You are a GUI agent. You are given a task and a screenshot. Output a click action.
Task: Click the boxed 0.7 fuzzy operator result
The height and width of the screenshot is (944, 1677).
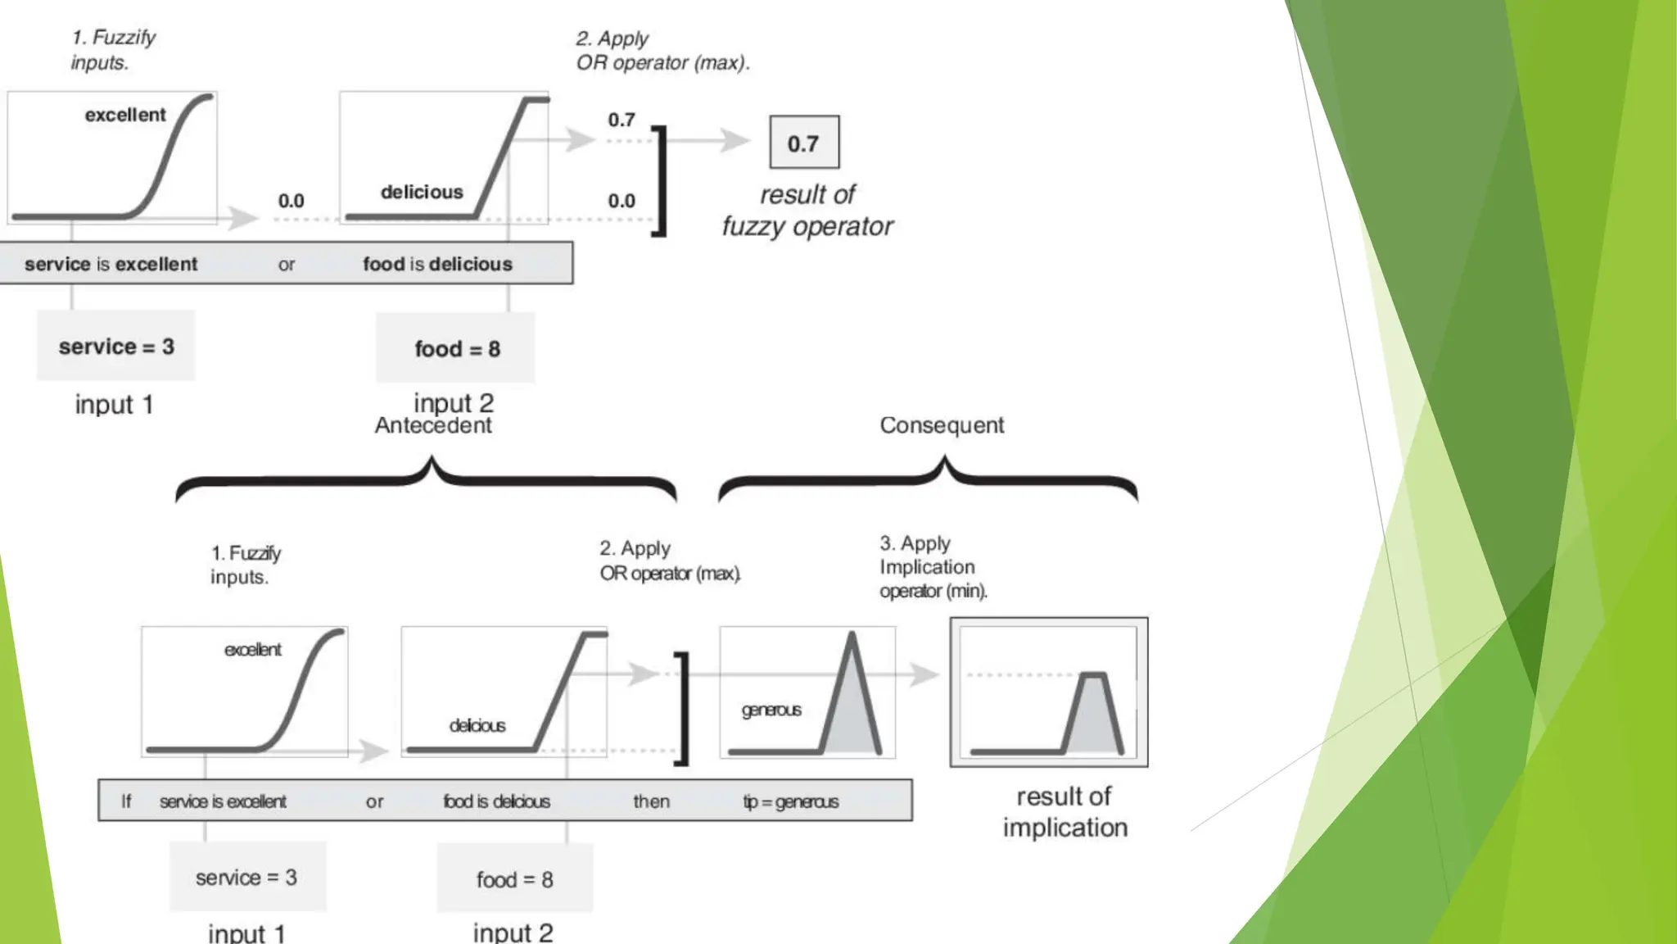pyautogui.click(x=804, y=143)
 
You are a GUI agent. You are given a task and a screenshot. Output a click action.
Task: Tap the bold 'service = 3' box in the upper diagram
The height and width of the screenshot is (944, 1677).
pyautogui.click(x=116, y=346)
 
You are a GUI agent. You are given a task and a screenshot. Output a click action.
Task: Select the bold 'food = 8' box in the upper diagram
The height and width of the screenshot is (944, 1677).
pyautogui.click(x=456, y=348)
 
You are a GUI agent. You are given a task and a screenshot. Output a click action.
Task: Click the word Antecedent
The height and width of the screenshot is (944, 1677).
pyautogui.click(x=433, y=425)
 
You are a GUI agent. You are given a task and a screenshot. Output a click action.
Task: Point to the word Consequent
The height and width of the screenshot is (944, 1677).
pyautogui.click(x=942, y=425)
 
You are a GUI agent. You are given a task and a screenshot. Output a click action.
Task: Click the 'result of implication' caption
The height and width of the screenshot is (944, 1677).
pyautogui.click(x=1065, y=811)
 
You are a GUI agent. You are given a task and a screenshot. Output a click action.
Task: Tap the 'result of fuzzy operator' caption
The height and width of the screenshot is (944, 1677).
pyautogui.click(x=807, y=210)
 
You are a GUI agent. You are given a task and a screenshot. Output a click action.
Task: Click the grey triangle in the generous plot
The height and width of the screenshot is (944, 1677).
pyautogui.click(x=852, y=713)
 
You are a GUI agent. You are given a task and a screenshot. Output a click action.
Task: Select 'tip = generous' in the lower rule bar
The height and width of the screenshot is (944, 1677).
pyautogui.click(x=790, y=801)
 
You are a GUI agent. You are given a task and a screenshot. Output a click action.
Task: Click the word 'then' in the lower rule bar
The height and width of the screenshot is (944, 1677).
pyautogui.click(x=651, y=801)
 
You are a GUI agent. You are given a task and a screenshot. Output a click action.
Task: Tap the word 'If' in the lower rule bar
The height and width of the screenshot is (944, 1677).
pyautogui.click(x=126, y=801)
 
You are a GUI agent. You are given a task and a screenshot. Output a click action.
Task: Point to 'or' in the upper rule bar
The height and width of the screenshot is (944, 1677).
pyautogui.click(x=286, y=264)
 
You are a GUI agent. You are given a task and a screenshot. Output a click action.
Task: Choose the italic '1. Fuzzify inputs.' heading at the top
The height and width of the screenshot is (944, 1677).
pyautogui.click(x=112, y=49)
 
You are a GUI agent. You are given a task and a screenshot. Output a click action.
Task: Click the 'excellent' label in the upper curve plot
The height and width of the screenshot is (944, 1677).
pyautogui.click(x=125, y=115)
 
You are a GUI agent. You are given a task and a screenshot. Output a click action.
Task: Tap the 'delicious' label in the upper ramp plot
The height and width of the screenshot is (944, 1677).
pyautogui.click(x=422, y=192)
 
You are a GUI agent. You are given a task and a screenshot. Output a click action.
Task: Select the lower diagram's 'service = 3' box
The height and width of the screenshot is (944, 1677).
pyautogui.click(x=246, y=877)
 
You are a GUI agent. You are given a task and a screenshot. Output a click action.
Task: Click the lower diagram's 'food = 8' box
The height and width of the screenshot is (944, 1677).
pyautogui.click(x=514, y=879)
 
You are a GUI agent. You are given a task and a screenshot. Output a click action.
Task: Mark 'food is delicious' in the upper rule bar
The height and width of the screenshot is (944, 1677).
pyautogui.click(x=437, y=264)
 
